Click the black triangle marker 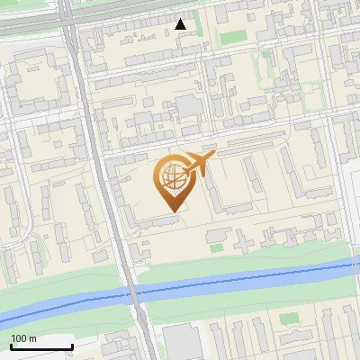(x=181, y=24)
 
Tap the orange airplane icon (x=198, y=165)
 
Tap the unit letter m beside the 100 (x=32, y=338)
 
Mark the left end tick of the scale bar (x=11, y=346)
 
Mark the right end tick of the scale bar (x=72, y=346)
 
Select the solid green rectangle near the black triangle (x=234, y=37)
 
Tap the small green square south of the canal (x=287, y=319)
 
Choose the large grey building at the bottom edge (x=184, y=343)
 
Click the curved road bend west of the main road (x=27, y=225)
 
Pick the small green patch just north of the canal (x=216, y=235)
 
